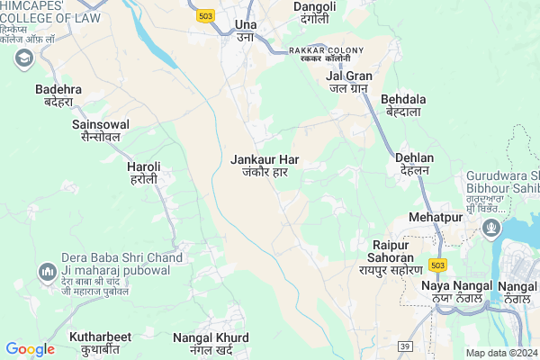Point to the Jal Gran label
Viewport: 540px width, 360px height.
pos(348,81)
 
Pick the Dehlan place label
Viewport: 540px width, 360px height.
pos(414,164)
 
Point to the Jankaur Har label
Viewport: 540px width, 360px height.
pos(265,166)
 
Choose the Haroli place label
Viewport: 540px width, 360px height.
pos(143,173)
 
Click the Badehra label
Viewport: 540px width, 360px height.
pos(58,95)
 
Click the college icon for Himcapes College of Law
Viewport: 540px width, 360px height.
pos(23,58)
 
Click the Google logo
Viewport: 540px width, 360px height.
pos(30,349)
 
